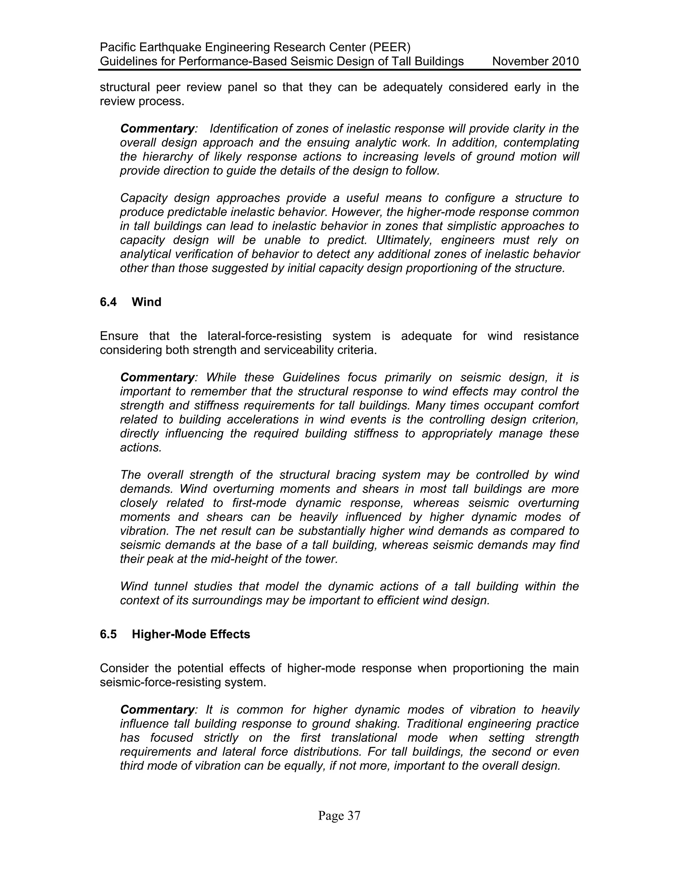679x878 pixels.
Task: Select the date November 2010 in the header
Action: click(x=535, y=62)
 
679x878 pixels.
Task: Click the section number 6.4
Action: click(x=108, y=302)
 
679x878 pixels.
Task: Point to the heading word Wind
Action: click(x=147, y=302)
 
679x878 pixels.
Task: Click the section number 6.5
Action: click(x=108, y=634)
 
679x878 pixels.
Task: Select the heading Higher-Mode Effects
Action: click(x=191, y=634)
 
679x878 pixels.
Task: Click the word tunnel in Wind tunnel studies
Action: click(x=170, y=586)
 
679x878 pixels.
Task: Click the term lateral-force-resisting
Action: click(x=270, y=336)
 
